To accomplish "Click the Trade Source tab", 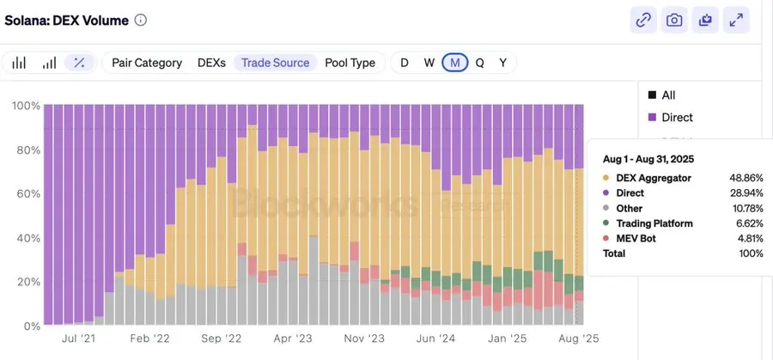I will point(275,63).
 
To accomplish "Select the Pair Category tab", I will point(147,63).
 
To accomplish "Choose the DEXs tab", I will point(212,63).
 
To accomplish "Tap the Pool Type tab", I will point(350,63).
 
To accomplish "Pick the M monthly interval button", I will point(454,63).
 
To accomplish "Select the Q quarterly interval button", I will point(479,63).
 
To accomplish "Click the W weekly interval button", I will point(429,63).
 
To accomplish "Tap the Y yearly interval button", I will point(502,63).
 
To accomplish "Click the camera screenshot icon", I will point(674,21).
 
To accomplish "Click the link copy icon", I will point(643,21).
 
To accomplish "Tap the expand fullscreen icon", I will point(736,21).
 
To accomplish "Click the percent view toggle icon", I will point(79,63).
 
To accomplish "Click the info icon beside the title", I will point(141,20).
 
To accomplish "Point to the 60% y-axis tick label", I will point(25,194).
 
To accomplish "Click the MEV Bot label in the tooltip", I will point(636,238).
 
